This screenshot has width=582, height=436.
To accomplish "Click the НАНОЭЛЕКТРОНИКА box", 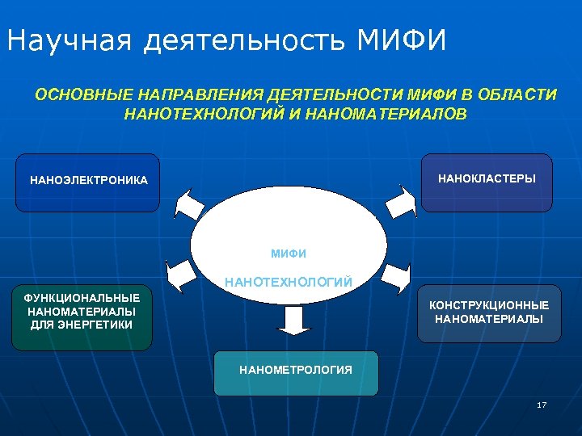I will (x=88, y=182).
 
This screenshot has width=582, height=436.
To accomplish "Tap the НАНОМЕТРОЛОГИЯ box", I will (x=296, y=371).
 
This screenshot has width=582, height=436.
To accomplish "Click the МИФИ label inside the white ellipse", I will (x=289, y=254).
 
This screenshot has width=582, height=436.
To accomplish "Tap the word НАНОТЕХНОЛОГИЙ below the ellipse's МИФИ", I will (x=289, y=282).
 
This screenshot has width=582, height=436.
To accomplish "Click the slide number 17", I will (x=541, y=405).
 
